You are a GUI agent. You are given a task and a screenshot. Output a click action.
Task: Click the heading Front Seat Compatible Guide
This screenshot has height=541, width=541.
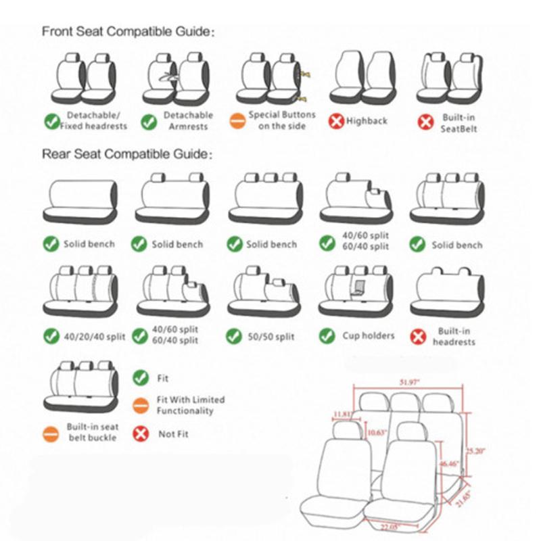click(128, 31)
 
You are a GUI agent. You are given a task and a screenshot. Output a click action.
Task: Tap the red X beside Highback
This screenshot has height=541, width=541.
click(336, 122)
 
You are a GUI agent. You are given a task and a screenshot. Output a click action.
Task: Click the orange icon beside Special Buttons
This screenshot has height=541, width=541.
click(237, 122)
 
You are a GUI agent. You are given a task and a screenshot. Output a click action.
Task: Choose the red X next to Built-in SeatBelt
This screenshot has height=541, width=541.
click(425, 122)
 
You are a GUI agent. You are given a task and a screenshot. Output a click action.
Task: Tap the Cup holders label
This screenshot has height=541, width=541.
click(369, 335)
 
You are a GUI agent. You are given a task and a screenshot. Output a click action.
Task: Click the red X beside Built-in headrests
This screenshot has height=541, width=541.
click(419, 336)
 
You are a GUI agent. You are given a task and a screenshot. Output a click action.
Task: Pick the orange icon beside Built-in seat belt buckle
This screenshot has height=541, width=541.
click(51, 433)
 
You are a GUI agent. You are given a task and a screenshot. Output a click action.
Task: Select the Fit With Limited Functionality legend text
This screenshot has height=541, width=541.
click(191, 405)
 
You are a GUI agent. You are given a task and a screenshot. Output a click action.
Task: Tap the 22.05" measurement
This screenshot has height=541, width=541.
click(389, 526)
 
